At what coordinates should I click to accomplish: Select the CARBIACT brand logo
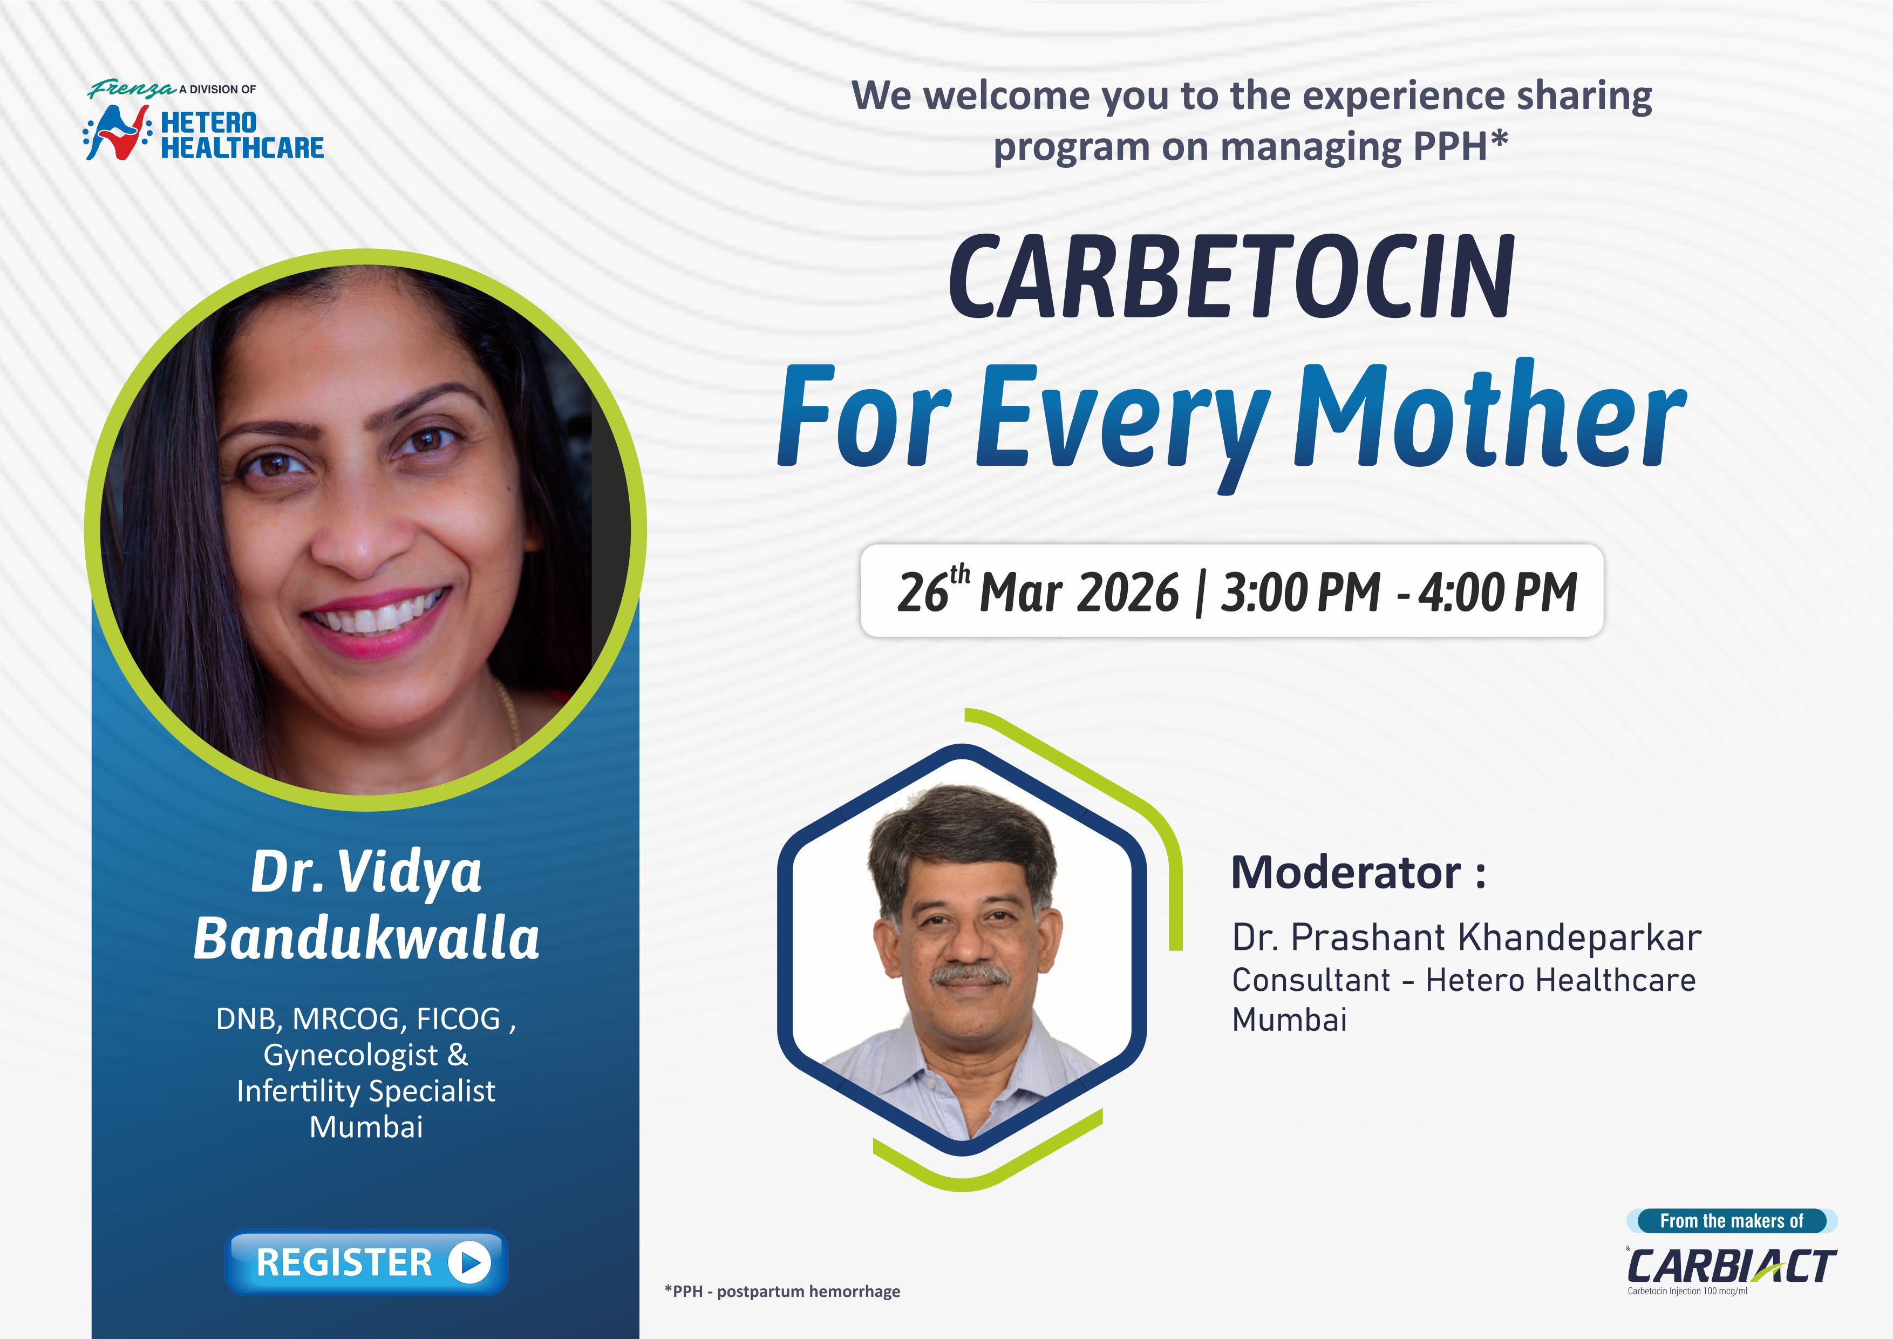click(1732, 1266)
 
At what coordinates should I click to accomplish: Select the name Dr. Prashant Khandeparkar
click(1466, 937)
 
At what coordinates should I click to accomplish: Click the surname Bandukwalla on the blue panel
click(366, 939)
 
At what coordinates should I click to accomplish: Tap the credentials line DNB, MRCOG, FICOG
click(366, 1019)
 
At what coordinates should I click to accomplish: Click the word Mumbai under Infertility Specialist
click(366, 1126)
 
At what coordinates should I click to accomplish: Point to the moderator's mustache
click(970, 975)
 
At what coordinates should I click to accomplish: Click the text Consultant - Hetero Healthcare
click(1463, 980)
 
